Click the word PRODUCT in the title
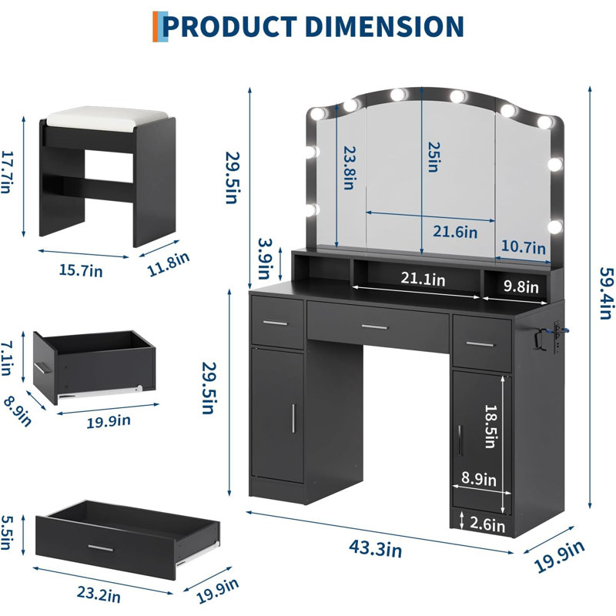tap(229, 27)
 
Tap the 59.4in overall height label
tap(606, 293)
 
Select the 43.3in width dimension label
tap(376, 548)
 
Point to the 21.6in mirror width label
tap(455, 232)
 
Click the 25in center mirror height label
tap(434, 157)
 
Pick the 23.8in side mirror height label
tap(350, 168)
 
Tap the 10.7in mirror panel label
tap(524, 246)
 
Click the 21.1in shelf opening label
tap(423, 279)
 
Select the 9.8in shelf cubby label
tap(521, 286)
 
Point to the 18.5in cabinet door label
tap(490, 426)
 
